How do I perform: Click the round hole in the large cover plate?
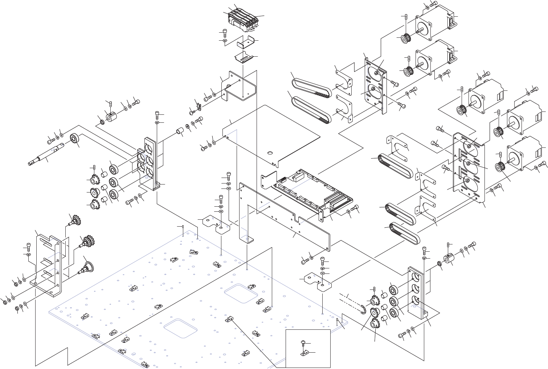(270, 153)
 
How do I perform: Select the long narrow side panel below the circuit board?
(287, 218)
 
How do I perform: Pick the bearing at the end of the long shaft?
(75, 139)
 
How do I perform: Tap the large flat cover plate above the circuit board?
(272, 134)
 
